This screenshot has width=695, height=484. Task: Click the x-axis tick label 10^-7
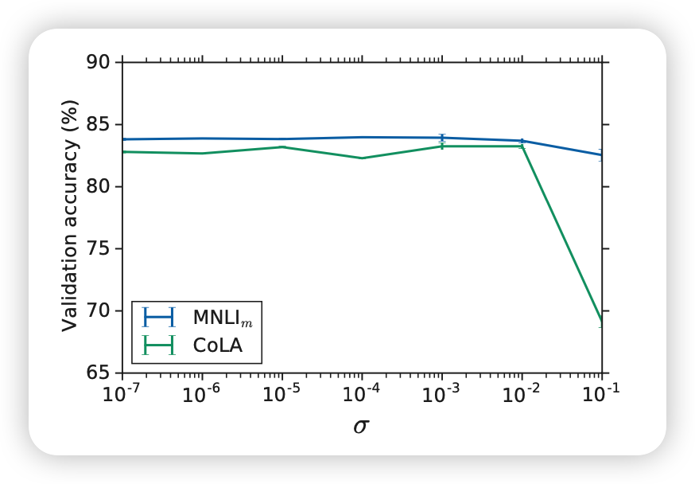click(122, 393)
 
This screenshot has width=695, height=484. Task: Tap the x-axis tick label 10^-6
click(202, 393)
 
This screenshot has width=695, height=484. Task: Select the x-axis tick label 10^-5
click(282, 393)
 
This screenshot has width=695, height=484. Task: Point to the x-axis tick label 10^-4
click(362, 393)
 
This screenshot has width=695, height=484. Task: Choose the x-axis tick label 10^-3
click(442, 393)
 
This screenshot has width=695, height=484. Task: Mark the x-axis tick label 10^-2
click(522, 393)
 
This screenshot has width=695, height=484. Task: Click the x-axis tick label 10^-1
click(601, 393)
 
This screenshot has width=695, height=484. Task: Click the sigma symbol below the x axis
click(361, 427)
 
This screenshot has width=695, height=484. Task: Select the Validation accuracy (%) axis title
click(71, 216)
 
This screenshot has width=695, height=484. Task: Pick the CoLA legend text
click(217, 346)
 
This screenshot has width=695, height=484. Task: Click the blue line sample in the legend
click(158, 318)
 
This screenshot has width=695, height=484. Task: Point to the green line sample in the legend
click(158, 345)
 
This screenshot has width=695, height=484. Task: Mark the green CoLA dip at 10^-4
click(363, 158)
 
